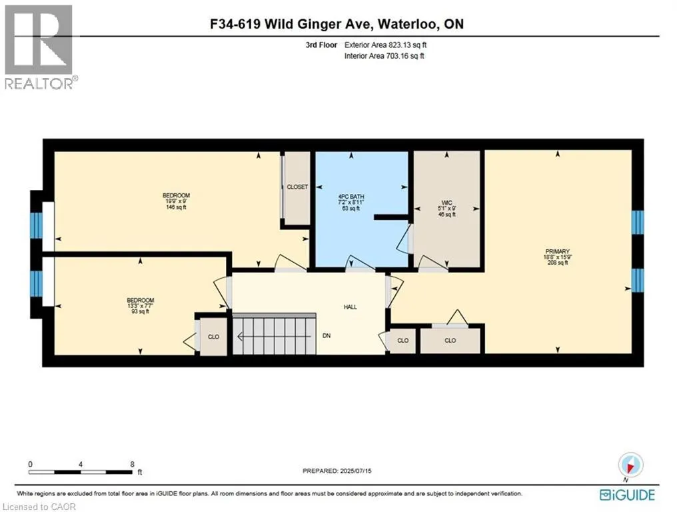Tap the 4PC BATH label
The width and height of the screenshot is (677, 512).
[x=350, y=197]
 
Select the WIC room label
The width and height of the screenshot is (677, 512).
[x=447, y=202]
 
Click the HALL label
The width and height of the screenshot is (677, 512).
[x=350, y=307]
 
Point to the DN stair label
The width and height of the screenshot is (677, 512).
[x=327, y=335]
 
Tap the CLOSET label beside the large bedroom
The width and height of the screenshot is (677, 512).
[x=297, y=187]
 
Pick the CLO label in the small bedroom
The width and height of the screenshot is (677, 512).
[x=213, y=337]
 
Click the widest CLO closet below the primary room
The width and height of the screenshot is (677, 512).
[x=450, y=340]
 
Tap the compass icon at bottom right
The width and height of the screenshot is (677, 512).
[x=630, y=464]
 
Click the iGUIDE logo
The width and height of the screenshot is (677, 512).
[x=627, y=495]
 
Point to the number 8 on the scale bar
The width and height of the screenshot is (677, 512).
[x=133, y=464]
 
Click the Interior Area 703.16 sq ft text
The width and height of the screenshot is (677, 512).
[x=384, y=56]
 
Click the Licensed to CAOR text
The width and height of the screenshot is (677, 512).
[x=39, y=507]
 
